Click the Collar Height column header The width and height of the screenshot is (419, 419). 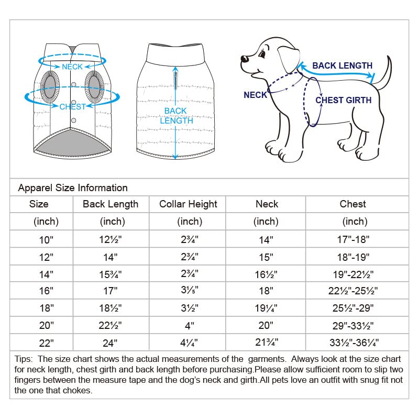pyautogui.click(x=188, y=204)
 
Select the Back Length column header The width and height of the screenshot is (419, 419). pyautogui.click(x=111, y=204)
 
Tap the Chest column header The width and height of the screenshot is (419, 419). pyautogui.click(x=352, y=204)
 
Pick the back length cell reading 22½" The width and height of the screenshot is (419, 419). pyautogui.click(x=111, y=325)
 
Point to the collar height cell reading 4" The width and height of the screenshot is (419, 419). pyautogui.click(x=188, y=325)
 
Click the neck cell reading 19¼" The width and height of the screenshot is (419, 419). pyautogui.click(x=266, y=308)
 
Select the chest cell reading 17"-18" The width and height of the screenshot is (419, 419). pyautogui.click(x=352, y=240)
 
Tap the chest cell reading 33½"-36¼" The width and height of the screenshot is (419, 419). pyautogui.click(x=352, y=343)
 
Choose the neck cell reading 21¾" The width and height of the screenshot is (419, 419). pyautogui.click(x=266, y=343)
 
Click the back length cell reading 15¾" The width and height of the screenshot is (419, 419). pyautogui.click(x=111, y=274)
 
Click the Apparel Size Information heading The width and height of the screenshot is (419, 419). pyautogui.click(x=73, y=188)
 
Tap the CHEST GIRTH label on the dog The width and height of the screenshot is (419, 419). pyautogui.click(x=343, y=100)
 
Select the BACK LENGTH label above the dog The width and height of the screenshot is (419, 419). pyautogui.click(x=342, y=66)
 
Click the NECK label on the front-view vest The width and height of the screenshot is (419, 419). pyautogui.click(x=72, y=67)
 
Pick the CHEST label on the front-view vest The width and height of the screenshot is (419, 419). pyautogui.click(x=72, y=107)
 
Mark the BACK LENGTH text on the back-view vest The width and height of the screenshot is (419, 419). pyautogui.click(x=175, y=116)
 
